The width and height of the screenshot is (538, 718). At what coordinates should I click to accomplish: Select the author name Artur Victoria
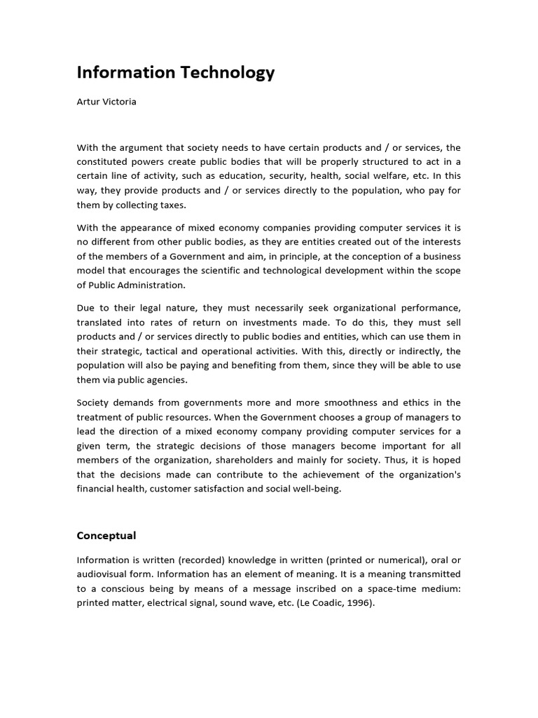[106, 102]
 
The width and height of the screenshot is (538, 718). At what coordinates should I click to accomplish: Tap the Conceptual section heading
[106, 536]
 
